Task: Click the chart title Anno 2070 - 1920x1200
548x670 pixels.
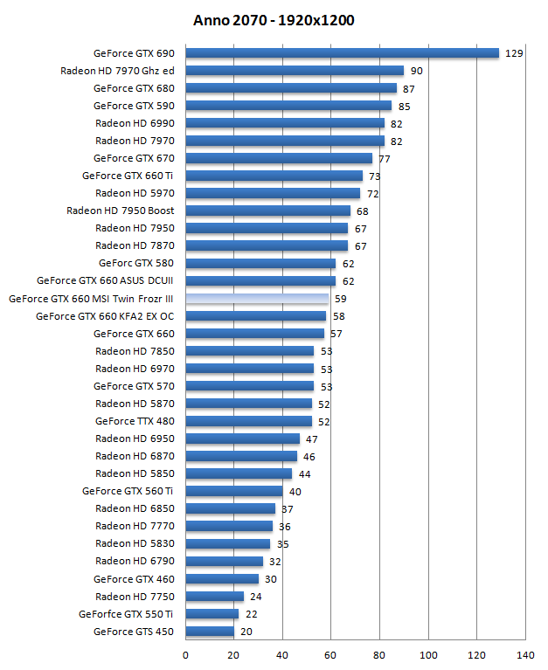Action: pyautogui.click(x=274, y=20)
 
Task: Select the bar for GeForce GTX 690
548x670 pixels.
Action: pyautogui.click(x=342, y=53)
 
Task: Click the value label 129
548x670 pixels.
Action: pyautogui.click(x=514, y=53)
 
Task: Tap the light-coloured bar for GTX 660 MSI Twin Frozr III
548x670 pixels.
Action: pyautogui.click(x=257, y=299)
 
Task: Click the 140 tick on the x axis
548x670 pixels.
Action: pyautogui.click(x=525, y=654)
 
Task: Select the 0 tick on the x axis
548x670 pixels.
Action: pyautogui.click(x=185, y=654)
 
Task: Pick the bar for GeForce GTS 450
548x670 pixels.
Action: pyautogui.click(x=210, y=632)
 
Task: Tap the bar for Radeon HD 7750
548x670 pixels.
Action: pyautogui.click(x=214, y=597)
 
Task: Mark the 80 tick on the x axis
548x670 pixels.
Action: pyautogui.click(x=379, y=654)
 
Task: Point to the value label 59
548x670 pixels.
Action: pyautogui.click(x=341, y=299)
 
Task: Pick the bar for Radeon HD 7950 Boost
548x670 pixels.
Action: pyautogui.click(x=267, y=211)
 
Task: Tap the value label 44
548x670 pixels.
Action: pyautogui.click(x=304, y=473)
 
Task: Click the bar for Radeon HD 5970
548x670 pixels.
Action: pyautogui.click(x=273, y=193)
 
